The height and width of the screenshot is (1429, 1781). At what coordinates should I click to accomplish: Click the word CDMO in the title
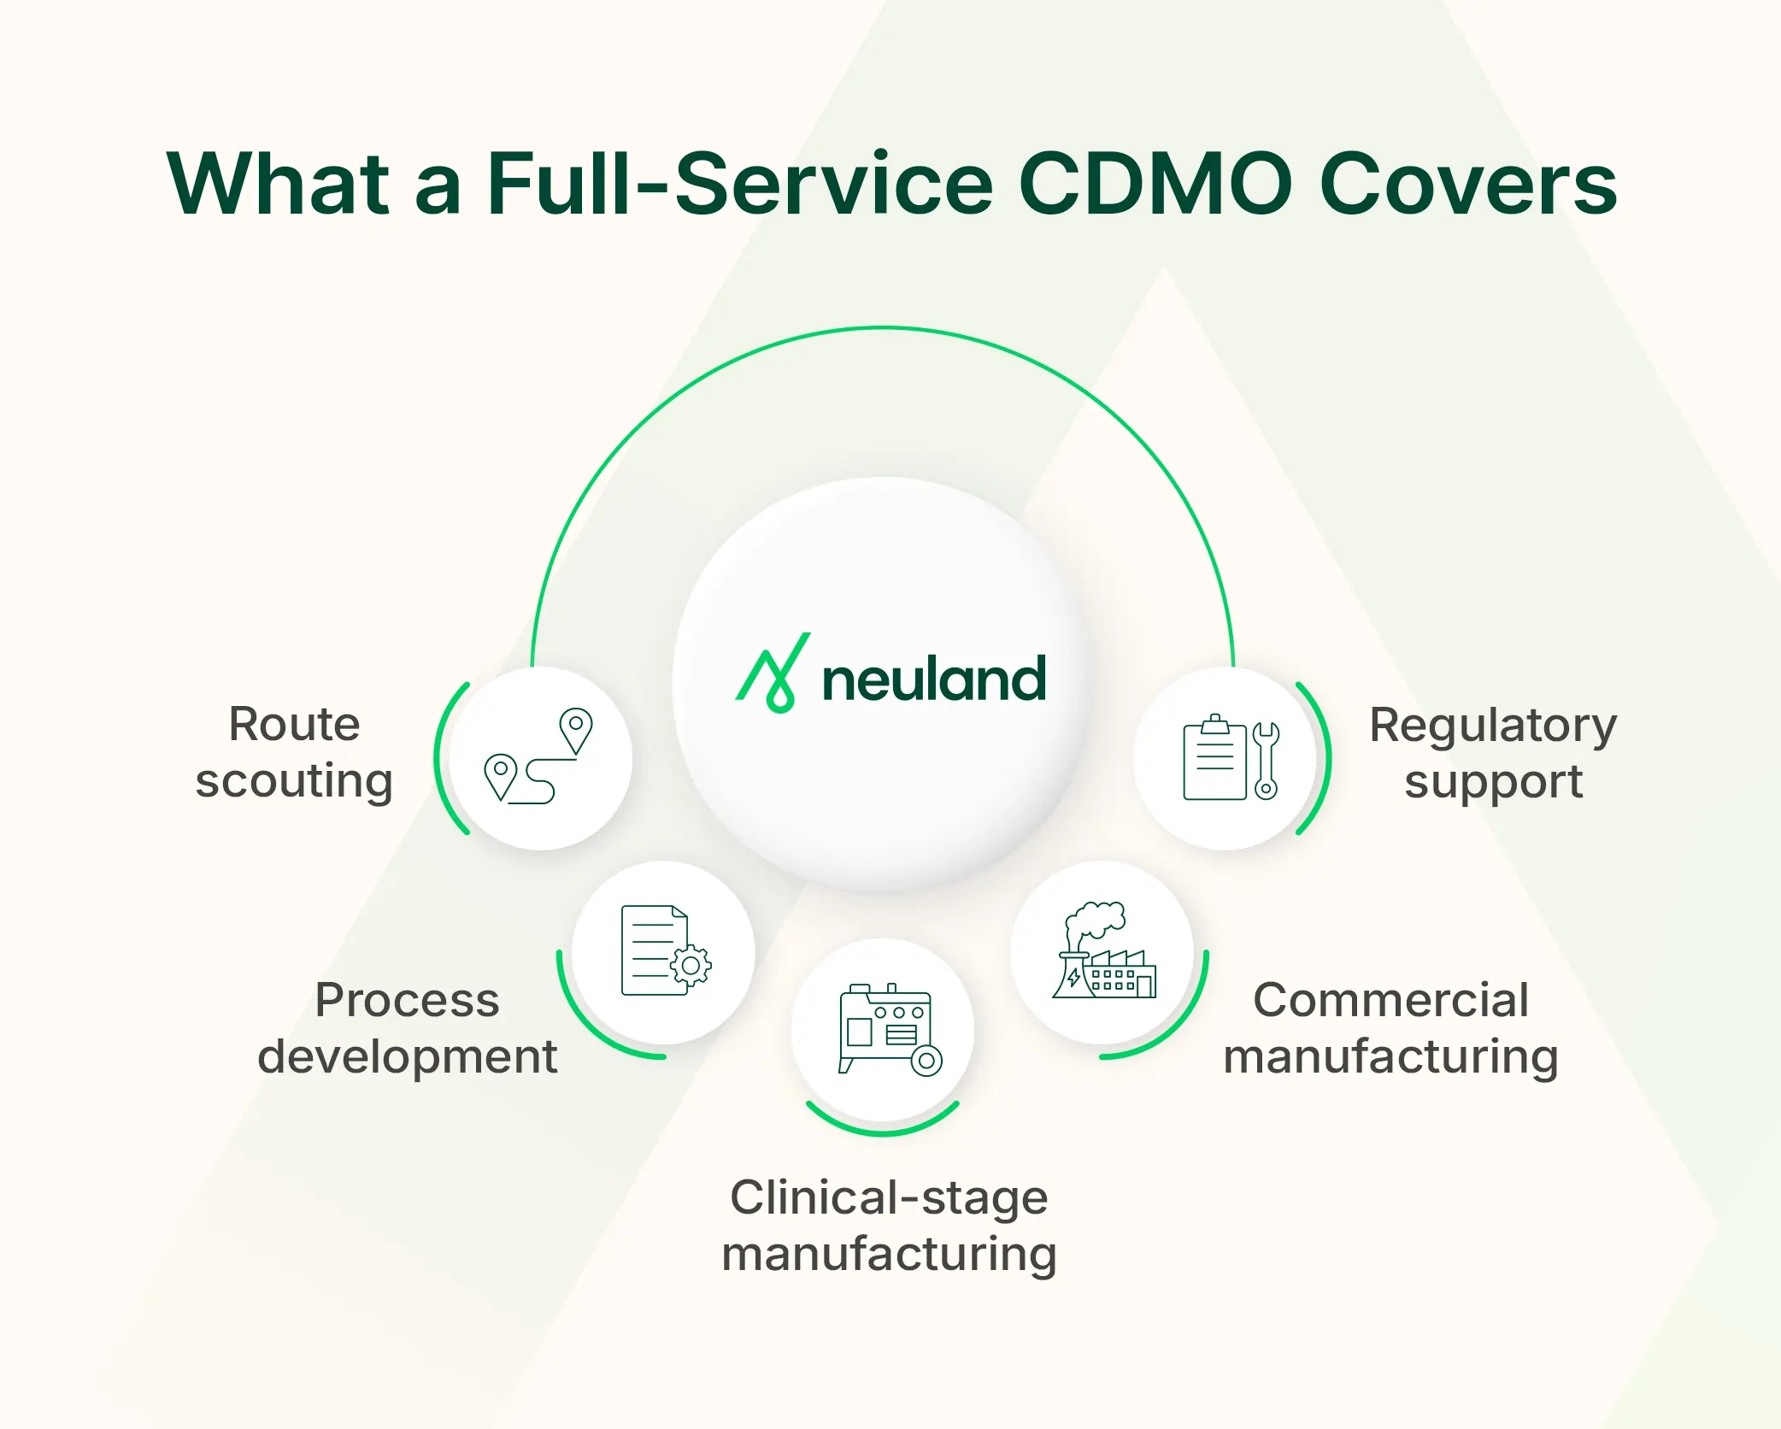pyautogui.click(x=1155, y=184)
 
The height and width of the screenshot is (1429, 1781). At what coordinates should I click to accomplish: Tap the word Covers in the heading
pyautogui.click(x=1467, y=184)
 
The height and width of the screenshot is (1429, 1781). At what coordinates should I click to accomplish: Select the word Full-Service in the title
pyautogui.click(x=740, y=184)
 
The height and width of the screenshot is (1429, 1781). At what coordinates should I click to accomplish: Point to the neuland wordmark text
pyautogui.click(x=933, y=679)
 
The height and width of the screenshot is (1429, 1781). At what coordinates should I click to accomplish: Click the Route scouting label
pyautogui.click(x=294, y=752)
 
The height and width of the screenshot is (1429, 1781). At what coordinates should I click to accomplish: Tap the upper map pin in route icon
pyautogui.click(x=576, y=728)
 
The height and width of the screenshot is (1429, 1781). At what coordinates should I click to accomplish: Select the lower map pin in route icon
pyautogui.click(x=500, y=774)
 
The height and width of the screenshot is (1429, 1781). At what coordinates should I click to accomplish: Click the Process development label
pyautogui.click(x=408, y=1027)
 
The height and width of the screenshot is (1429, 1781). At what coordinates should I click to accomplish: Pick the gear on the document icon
pyautogui.click(x=691, y=967)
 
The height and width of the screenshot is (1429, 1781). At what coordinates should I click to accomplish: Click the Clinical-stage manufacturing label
pyautogui.click(x=889, y=1225)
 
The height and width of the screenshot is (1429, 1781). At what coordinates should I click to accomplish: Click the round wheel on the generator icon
pyautogui.click(x=926, y=1061)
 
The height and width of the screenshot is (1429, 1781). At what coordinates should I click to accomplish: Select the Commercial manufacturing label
pyautogui.click(x=1390, y=1027)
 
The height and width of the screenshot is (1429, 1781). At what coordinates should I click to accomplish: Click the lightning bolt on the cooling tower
pyautogui.click(x=1073, y=977)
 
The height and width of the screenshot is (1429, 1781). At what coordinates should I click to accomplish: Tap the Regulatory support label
pyautogui.click(x=1492, y=752)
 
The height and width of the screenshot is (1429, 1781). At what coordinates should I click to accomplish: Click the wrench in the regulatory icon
pyautogui.click(x=1266, y=760)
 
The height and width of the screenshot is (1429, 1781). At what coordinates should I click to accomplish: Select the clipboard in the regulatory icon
pyautogui.click(x=1214, y=759)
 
